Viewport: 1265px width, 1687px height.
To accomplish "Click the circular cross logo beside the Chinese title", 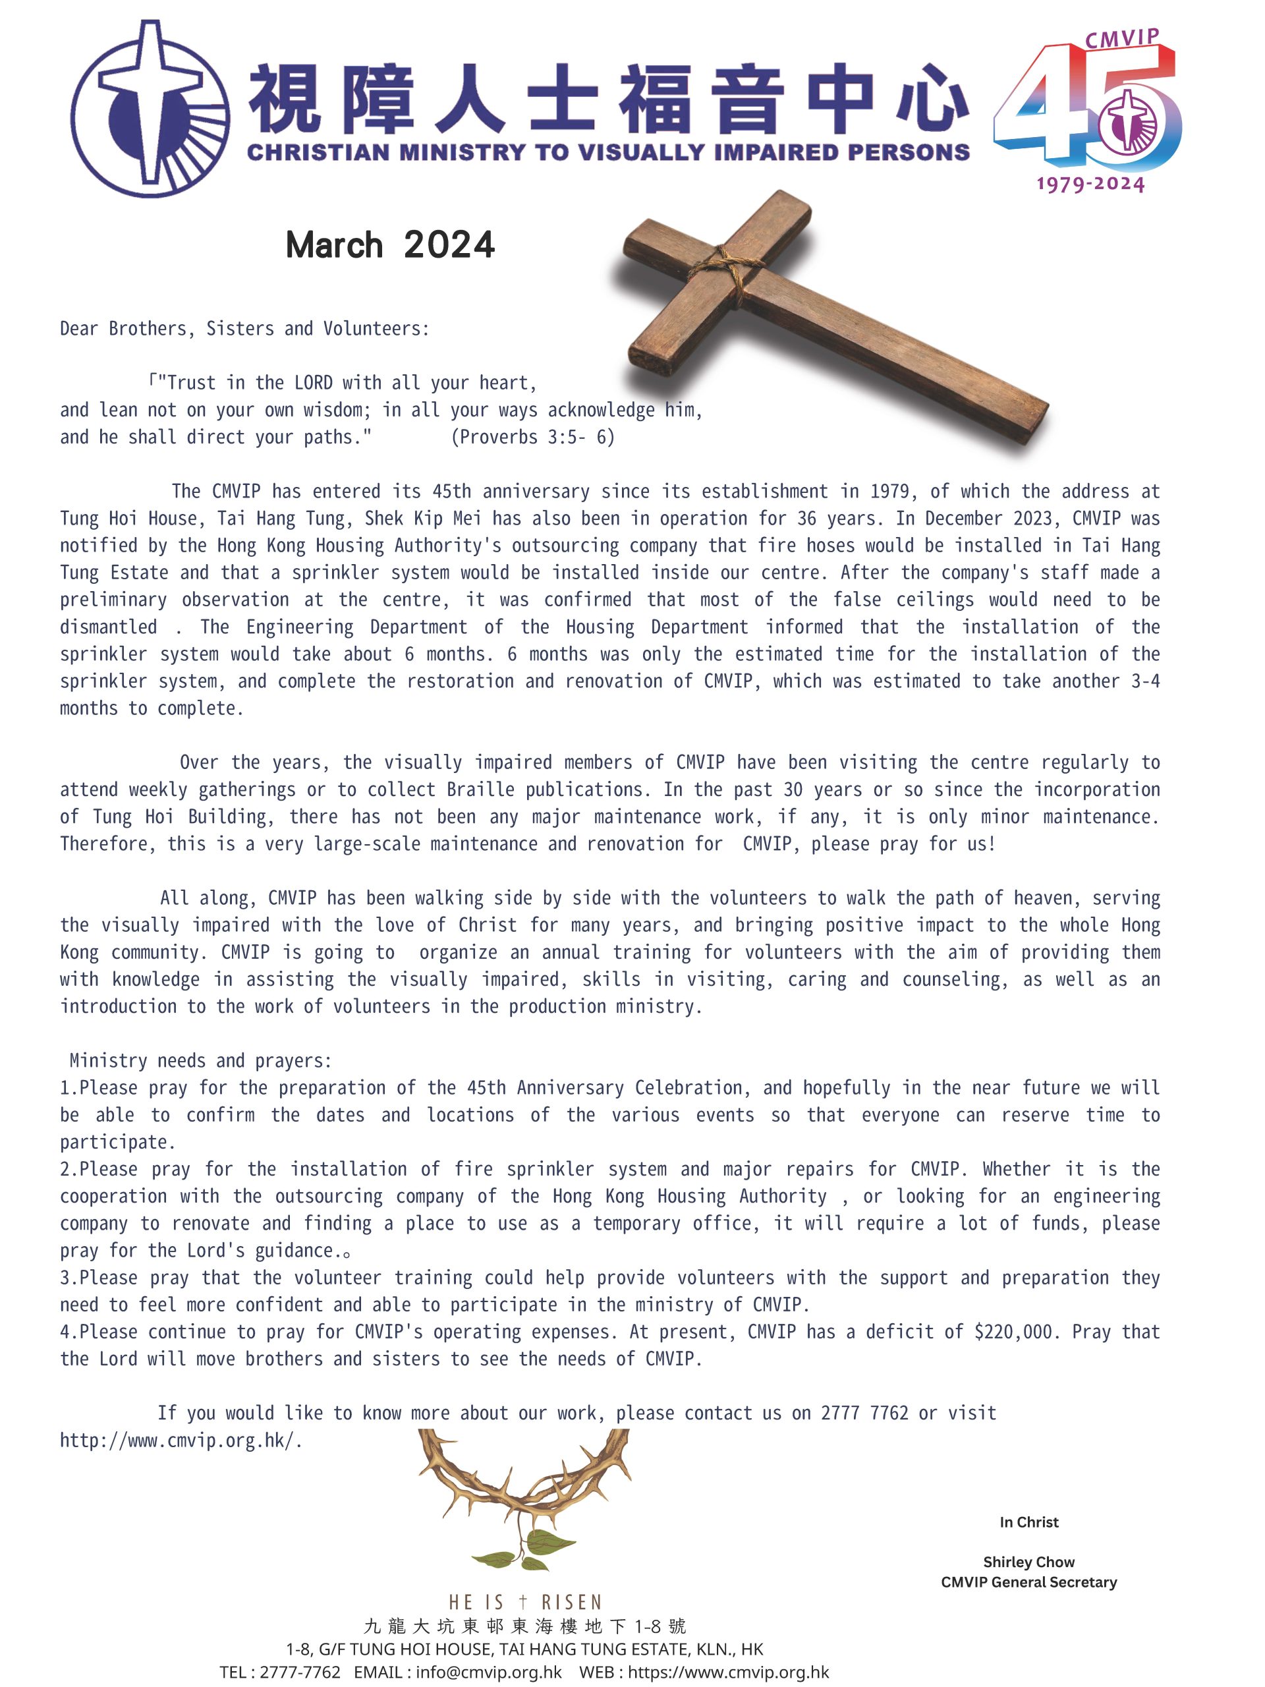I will pyautogui.click(x=150, y=108).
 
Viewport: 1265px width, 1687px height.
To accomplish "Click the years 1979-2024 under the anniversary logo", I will pyautogui.click(x=1090, y=184).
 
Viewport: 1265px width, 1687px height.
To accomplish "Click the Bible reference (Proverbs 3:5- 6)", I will pyautogui.click(x=532, y=437).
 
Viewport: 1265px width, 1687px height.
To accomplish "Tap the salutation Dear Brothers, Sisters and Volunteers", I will pyautogui.click(x=245, y=329).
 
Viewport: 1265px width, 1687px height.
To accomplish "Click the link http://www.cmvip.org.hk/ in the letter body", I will pyautogui.click(x=180, y=1441).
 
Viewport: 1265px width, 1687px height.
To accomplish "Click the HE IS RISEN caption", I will pyautogui.click(x=525, y=1601).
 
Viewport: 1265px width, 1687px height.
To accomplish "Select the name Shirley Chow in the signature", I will pyautogui.click(x=1028, y=1562).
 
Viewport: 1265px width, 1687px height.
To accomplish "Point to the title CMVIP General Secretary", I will pyautogui.click(x=1028, y=1582).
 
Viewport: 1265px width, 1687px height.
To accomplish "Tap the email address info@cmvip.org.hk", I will pyautogui.click(x=489, y=1673).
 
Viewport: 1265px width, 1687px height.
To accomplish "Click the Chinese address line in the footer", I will pyautogui.click(x=524, y=1626).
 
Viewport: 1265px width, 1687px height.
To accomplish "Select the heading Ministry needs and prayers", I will pyautogui.click(x=200, y=1061).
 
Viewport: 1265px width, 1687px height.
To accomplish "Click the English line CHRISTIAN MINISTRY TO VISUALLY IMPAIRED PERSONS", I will pyautogui.click(x=607, y=152).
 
